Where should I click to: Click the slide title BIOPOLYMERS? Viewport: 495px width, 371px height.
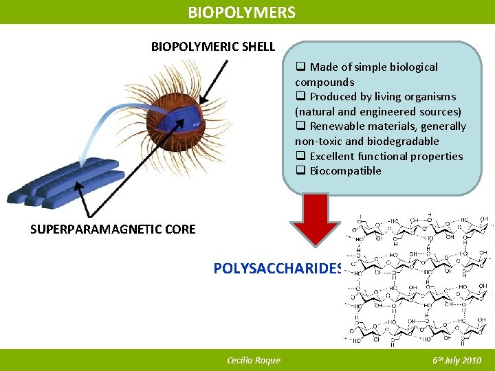242,12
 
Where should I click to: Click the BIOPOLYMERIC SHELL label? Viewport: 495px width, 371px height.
213,47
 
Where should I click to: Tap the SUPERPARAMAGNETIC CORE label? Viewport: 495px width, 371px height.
113,229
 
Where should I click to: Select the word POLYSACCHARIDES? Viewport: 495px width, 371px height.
278,269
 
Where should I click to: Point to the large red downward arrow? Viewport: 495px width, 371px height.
316,219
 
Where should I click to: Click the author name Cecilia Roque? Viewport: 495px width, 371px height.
253,360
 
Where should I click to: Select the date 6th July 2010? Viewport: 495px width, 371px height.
456,360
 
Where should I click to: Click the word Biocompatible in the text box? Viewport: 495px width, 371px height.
345,171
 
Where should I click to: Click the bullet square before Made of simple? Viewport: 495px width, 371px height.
300,67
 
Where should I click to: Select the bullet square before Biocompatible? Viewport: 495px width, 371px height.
300,171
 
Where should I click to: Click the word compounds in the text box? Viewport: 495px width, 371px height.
324,82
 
